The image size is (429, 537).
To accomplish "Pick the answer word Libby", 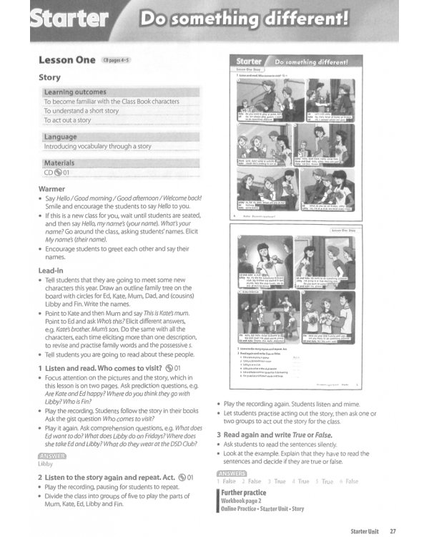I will tap(45, 464).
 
